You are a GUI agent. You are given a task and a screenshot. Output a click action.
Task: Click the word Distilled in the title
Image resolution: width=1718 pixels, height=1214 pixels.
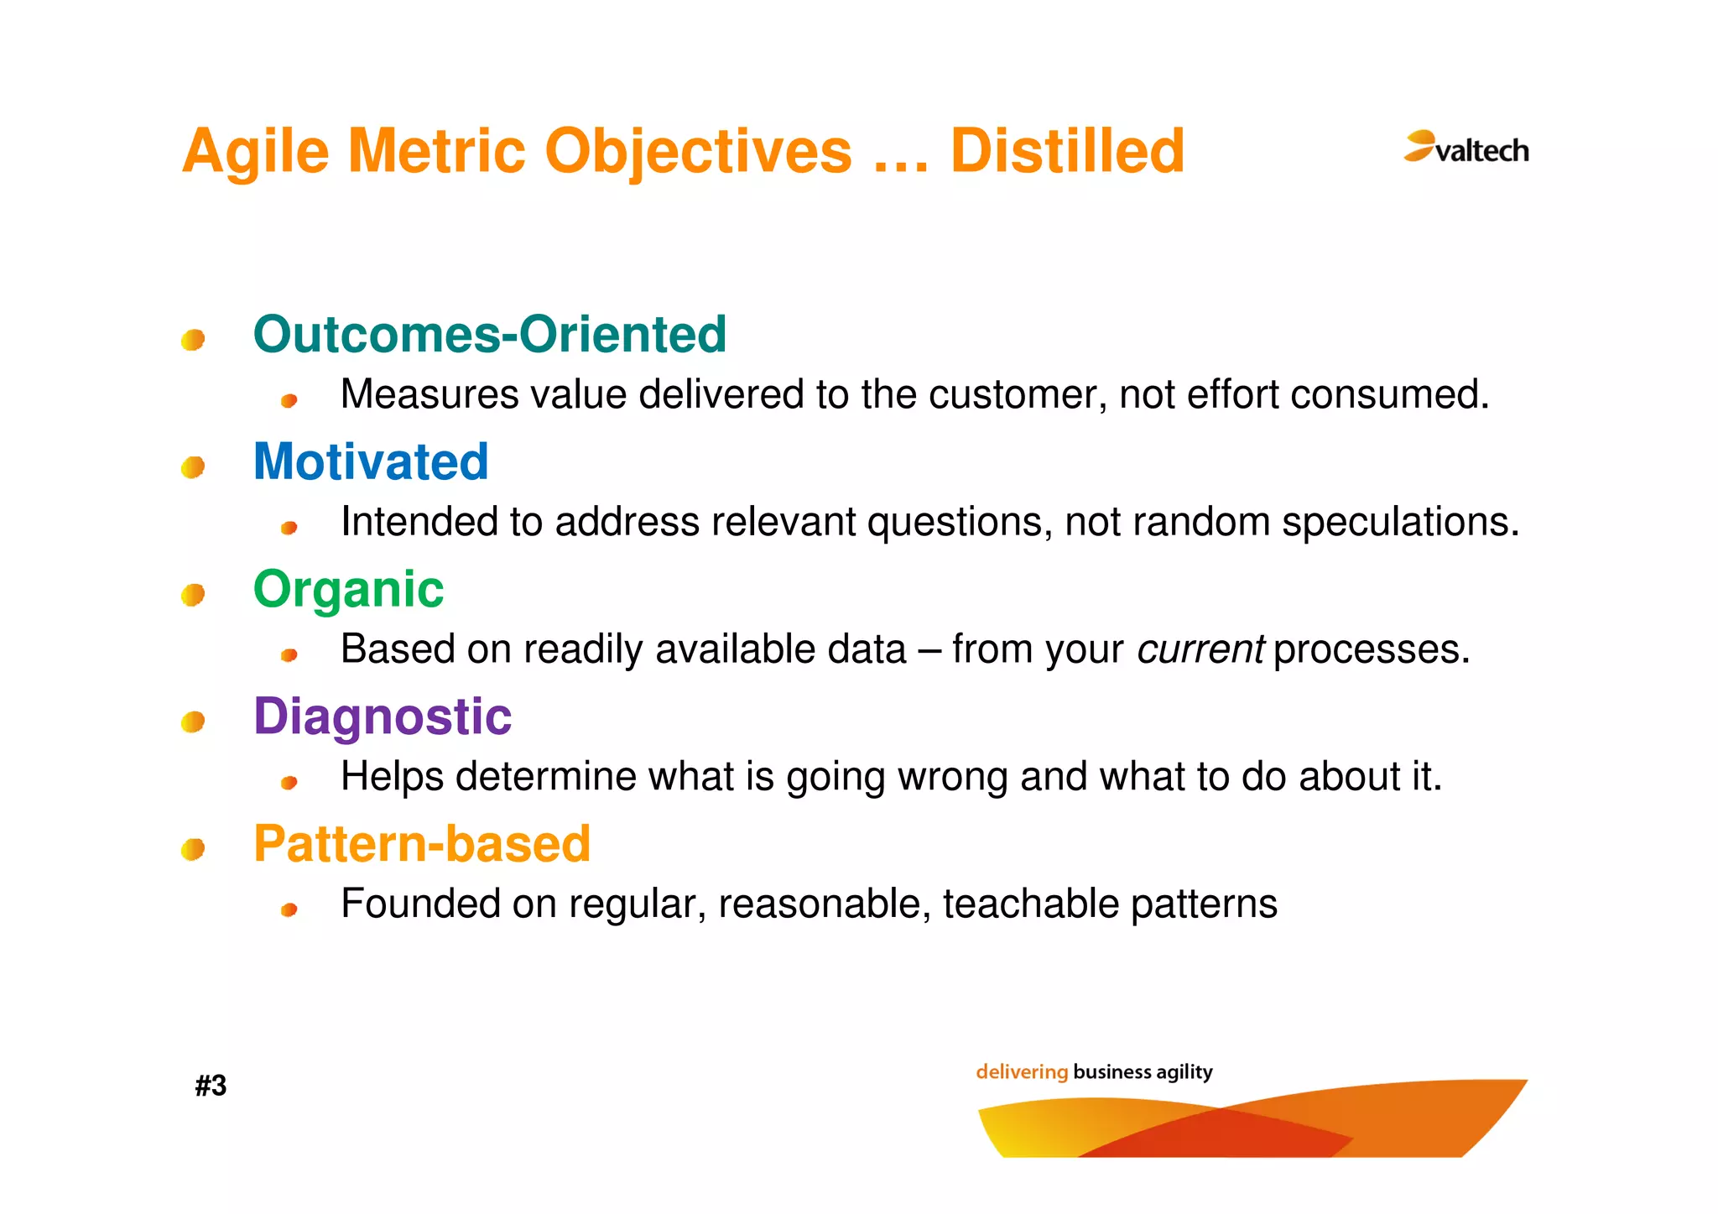click(1067, 152)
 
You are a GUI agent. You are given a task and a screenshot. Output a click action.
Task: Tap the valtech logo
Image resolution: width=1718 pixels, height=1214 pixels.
click(1466, 148)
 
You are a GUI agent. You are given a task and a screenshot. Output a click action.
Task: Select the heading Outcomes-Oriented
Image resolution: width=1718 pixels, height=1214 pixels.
click(489, 334)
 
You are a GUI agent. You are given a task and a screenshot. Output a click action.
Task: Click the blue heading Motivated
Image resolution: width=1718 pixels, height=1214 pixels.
click(371, 461)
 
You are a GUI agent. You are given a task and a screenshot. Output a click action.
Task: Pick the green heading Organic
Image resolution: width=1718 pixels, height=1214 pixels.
click(348, 589)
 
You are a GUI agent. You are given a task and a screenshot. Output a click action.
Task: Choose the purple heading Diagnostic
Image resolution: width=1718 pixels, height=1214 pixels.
click(383, 716)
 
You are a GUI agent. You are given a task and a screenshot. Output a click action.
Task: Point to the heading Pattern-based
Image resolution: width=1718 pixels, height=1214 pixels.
click(422, 844)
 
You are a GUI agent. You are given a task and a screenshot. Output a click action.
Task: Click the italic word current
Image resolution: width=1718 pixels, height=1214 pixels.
click(1200, 649)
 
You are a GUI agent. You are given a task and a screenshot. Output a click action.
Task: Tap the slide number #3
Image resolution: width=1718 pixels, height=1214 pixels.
click(211, 1086)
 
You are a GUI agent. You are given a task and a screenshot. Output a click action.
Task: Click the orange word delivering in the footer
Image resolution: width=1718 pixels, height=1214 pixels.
click(1021, 1071)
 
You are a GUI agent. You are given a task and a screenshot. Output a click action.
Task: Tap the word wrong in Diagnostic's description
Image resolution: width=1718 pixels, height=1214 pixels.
click(952, 777)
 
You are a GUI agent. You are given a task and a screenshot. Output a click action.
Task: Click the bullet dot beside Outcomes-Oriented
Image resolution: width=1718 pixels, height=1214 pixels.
click(193, 340)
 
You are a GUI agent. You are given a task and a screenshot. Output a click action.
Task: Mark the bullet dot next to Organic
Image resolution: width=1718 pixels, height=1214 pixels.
click(193, 595)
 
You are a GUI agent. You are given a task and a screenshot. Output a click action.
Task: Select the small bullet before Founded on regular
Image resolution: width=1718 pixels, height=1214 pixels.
click(289, 909)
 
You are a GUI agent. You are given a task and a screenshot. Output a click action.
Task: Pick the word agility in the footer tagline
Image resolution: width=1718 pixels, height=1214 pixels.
click(1184, 1071)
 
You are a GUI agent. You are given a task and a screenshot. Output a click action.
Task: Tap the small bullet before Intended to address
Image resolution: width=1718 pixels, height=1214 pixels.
click(289, 528)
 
